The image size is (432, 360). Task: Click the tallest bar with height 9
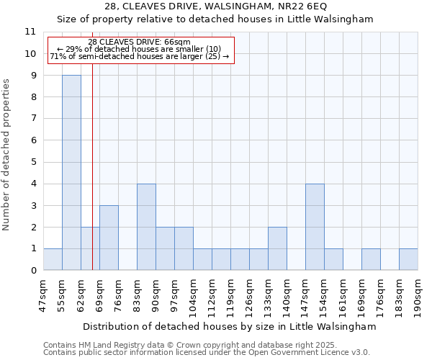coord(71,173)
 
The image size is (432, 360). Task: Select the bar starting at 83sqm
coord(146,227)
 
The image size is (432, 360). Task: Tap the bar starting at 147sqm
coord(315,227)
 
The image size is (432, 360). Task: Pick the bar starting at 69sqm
coord(109,238)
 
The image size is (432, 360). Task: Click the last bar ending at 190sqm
coord(408,259)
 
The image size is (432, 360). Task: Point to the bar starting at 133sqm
coord(277,248)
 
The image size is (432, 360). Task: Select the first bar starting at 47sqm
coord(53,259)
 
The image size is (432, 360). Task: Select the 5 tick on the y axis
coord(32,162)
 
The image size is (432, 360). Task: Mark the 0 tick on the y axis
coord(32,271)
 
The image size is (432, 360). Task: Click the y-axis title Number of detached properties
coord(7,155)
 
